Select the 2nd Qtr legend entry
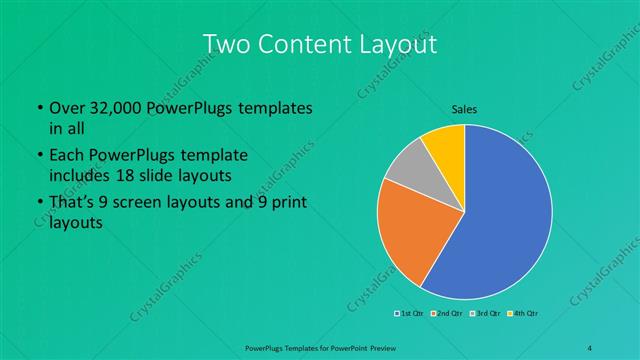pyautogui.click(x=447, y=314)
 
